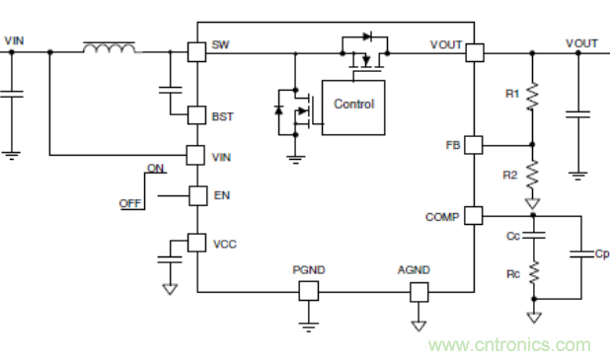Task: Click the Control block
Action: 353,108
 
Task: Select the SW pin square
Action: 196,51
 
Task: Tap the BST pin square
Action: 196,115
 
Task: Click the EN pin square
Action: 198,195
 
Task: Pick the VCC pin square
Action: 196,243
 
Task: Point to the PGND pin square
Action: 309,291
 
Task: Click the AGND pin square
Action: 419,292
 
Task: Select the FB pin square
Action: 474,145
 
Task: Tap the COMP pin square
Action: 474,215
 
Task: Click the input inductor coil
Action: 110,47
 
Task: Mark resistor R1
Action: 532,96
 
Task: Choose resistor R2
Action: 532,174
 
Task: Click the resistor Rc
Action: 534,272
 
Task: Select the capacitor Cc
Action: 534,235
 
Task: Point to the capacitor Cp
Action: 581,254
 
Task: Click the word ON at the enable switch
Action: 156,168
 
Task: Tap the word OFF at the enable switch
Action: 130,203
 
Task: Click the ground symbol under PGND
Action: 309,326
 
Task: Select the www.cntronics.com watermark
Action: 509,345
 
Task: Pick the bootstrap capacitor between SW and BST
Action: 170,90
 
